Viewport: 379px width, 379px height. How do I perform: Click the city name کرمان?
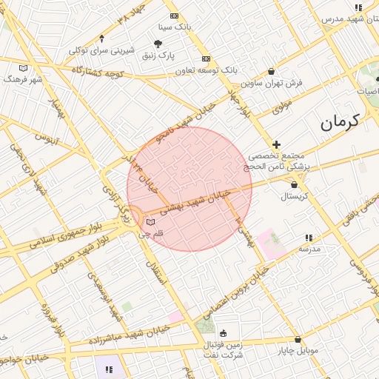pos(340,121)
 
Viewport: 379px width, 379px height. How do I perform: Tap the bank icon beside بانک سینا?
pos(174,16)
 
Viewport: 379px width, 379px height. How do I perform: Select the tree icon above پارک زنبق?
pos(158,44)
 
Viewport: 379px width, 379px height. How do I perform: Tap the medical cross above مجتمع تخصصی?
pos(276,144)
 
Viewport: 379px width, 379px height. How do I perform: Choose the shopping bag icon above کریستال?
pos(295,185)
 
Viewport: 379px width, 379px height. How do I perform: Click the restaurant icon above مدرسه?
pos(309,238)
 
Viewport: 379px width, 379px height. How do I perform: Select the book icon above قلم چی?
pos(151,222)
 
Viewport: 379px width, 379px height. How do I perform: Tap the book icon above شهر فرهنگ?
pos(24,67)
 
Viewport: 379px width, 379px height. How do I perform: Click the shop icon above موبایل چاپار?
pos(298,339)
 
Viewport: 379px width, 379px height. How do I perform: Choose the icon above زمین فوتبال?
pos(224,332)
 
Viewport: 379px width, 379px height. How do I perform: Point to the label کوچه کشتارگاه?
pos(97,73)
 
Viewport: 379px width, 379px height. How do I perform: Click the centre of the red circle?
pos(189,189)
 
